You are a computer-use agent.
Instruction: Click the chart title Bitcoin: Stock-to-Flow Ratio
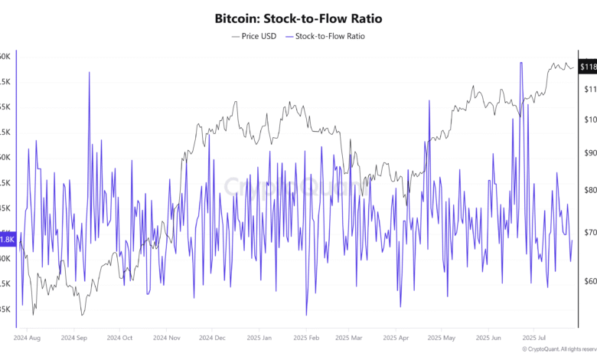[x=298, y=18]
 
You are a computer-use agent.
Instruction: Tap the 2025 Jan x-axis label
[x=259, y=336]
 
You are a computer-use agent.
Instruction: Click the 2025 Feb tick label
[x=305, y=336]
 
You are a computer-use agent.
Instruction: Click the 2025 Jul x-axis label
[x=533, y=336]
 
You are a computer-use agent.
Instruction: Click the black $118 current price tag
[x=587, y=67]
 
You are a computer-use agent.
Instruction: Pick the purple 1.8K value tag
[x=7, y=240]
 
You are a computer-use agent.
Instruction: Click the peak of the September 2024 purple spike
[x=90, y=73]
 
